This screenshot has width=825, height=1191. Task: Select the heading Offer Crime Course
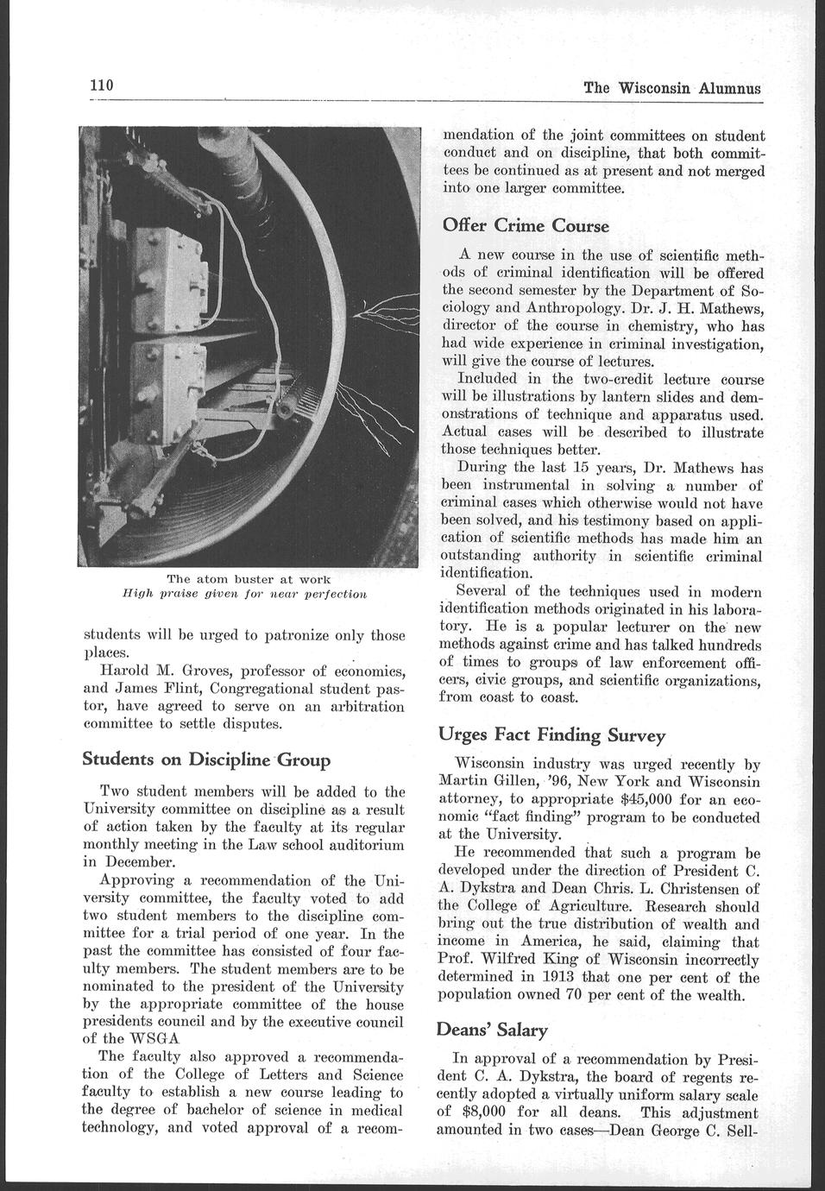click(526, 226)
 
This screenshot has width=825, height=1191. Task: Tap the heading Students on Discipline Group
click(205, 759)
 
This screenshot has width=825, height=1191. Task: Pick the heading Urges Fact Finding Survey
click(551, 735)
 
